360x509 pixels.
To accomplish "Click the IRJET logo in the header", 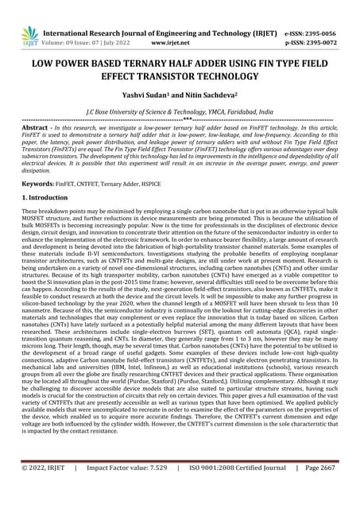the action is point(30,35).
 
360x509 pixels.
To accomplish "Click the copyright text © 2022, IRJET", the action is point(47,491).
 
